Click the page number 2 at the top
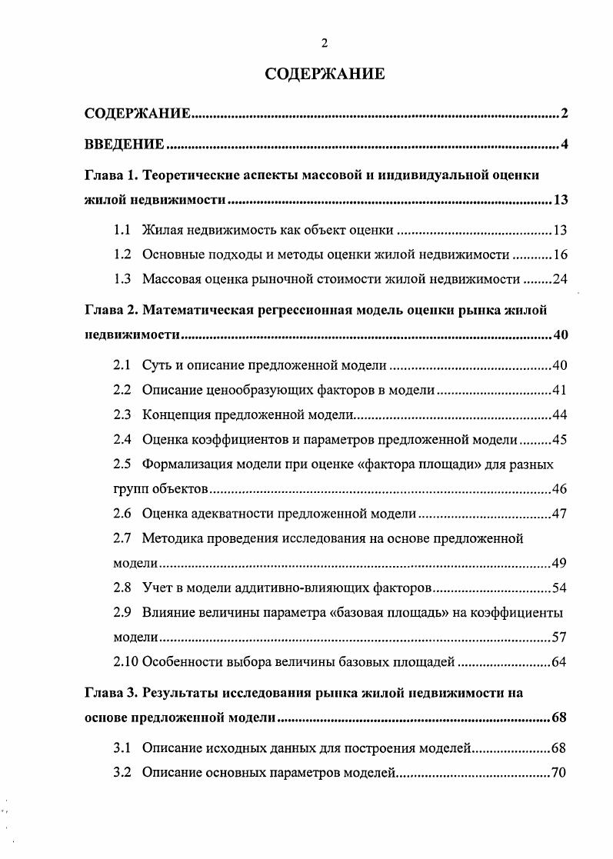click(x=324, y=42)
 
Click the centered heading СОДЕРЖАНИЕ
click(x=324, y=74)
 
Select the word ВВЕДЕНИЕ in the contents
click(x=124, y=144)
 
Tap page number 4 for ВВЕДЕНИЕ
click(x=564, y=144)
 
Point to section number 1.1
click(x=122, y=229)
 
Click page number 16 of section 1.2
click(x=559, y=255)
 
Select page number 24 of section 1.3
click(x=559, y=279)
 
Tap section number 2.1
click(x=122, y=365)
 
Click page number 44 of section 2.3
click(x=559, y=415)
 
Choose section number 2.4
click(x=122, y=440)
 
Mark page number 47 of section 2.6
click(x=559, y=514)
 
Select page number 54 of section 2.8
click(x=559, y=588)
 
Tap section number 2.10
click(x=125, y=662)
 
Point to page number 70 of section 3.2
click(x=559, y=772)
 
